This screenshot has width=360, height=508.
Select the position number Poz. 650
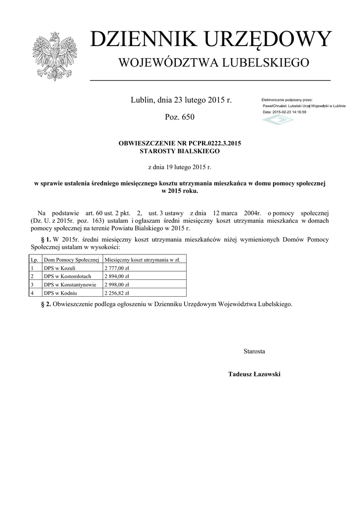point(179,117)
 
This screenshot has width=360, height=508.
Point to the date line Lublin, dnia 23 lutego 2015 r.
point(181,100)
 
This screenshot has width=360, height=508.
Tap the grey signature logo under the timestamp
point(278,121)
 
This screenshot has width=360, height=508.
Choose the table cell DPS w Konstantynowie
point(70,285)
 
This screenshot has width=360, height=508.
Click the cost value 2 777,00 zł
point(116,268)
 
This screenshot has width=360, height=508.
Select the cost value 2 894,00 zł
point(116,276)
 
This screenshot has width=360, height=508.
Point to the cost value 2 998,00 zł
point(116,285)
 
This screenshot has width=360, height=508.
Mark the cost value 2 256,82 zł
point(116,293)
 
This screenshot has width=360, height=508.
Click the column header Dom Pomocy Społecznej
point(72,259)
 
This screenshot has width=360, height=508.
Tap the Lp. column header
point(34,259)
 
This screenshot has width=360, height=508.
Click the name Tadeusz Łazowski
point(254,374)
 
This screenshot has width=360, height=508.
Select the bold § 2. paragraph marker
point(46,304)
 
